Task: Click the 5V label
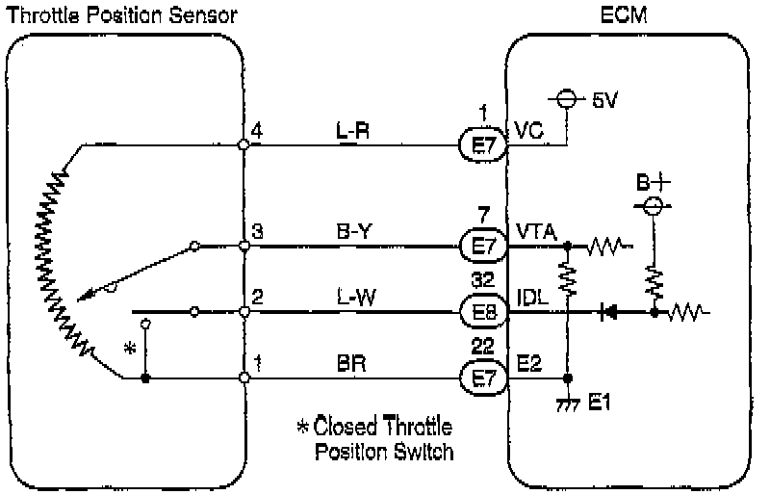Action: [605, 100]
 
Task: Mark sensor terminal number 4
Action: [256, 128]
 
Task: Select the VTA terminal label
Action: [534, 231]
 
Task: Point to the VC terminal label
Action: [528, 130]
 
